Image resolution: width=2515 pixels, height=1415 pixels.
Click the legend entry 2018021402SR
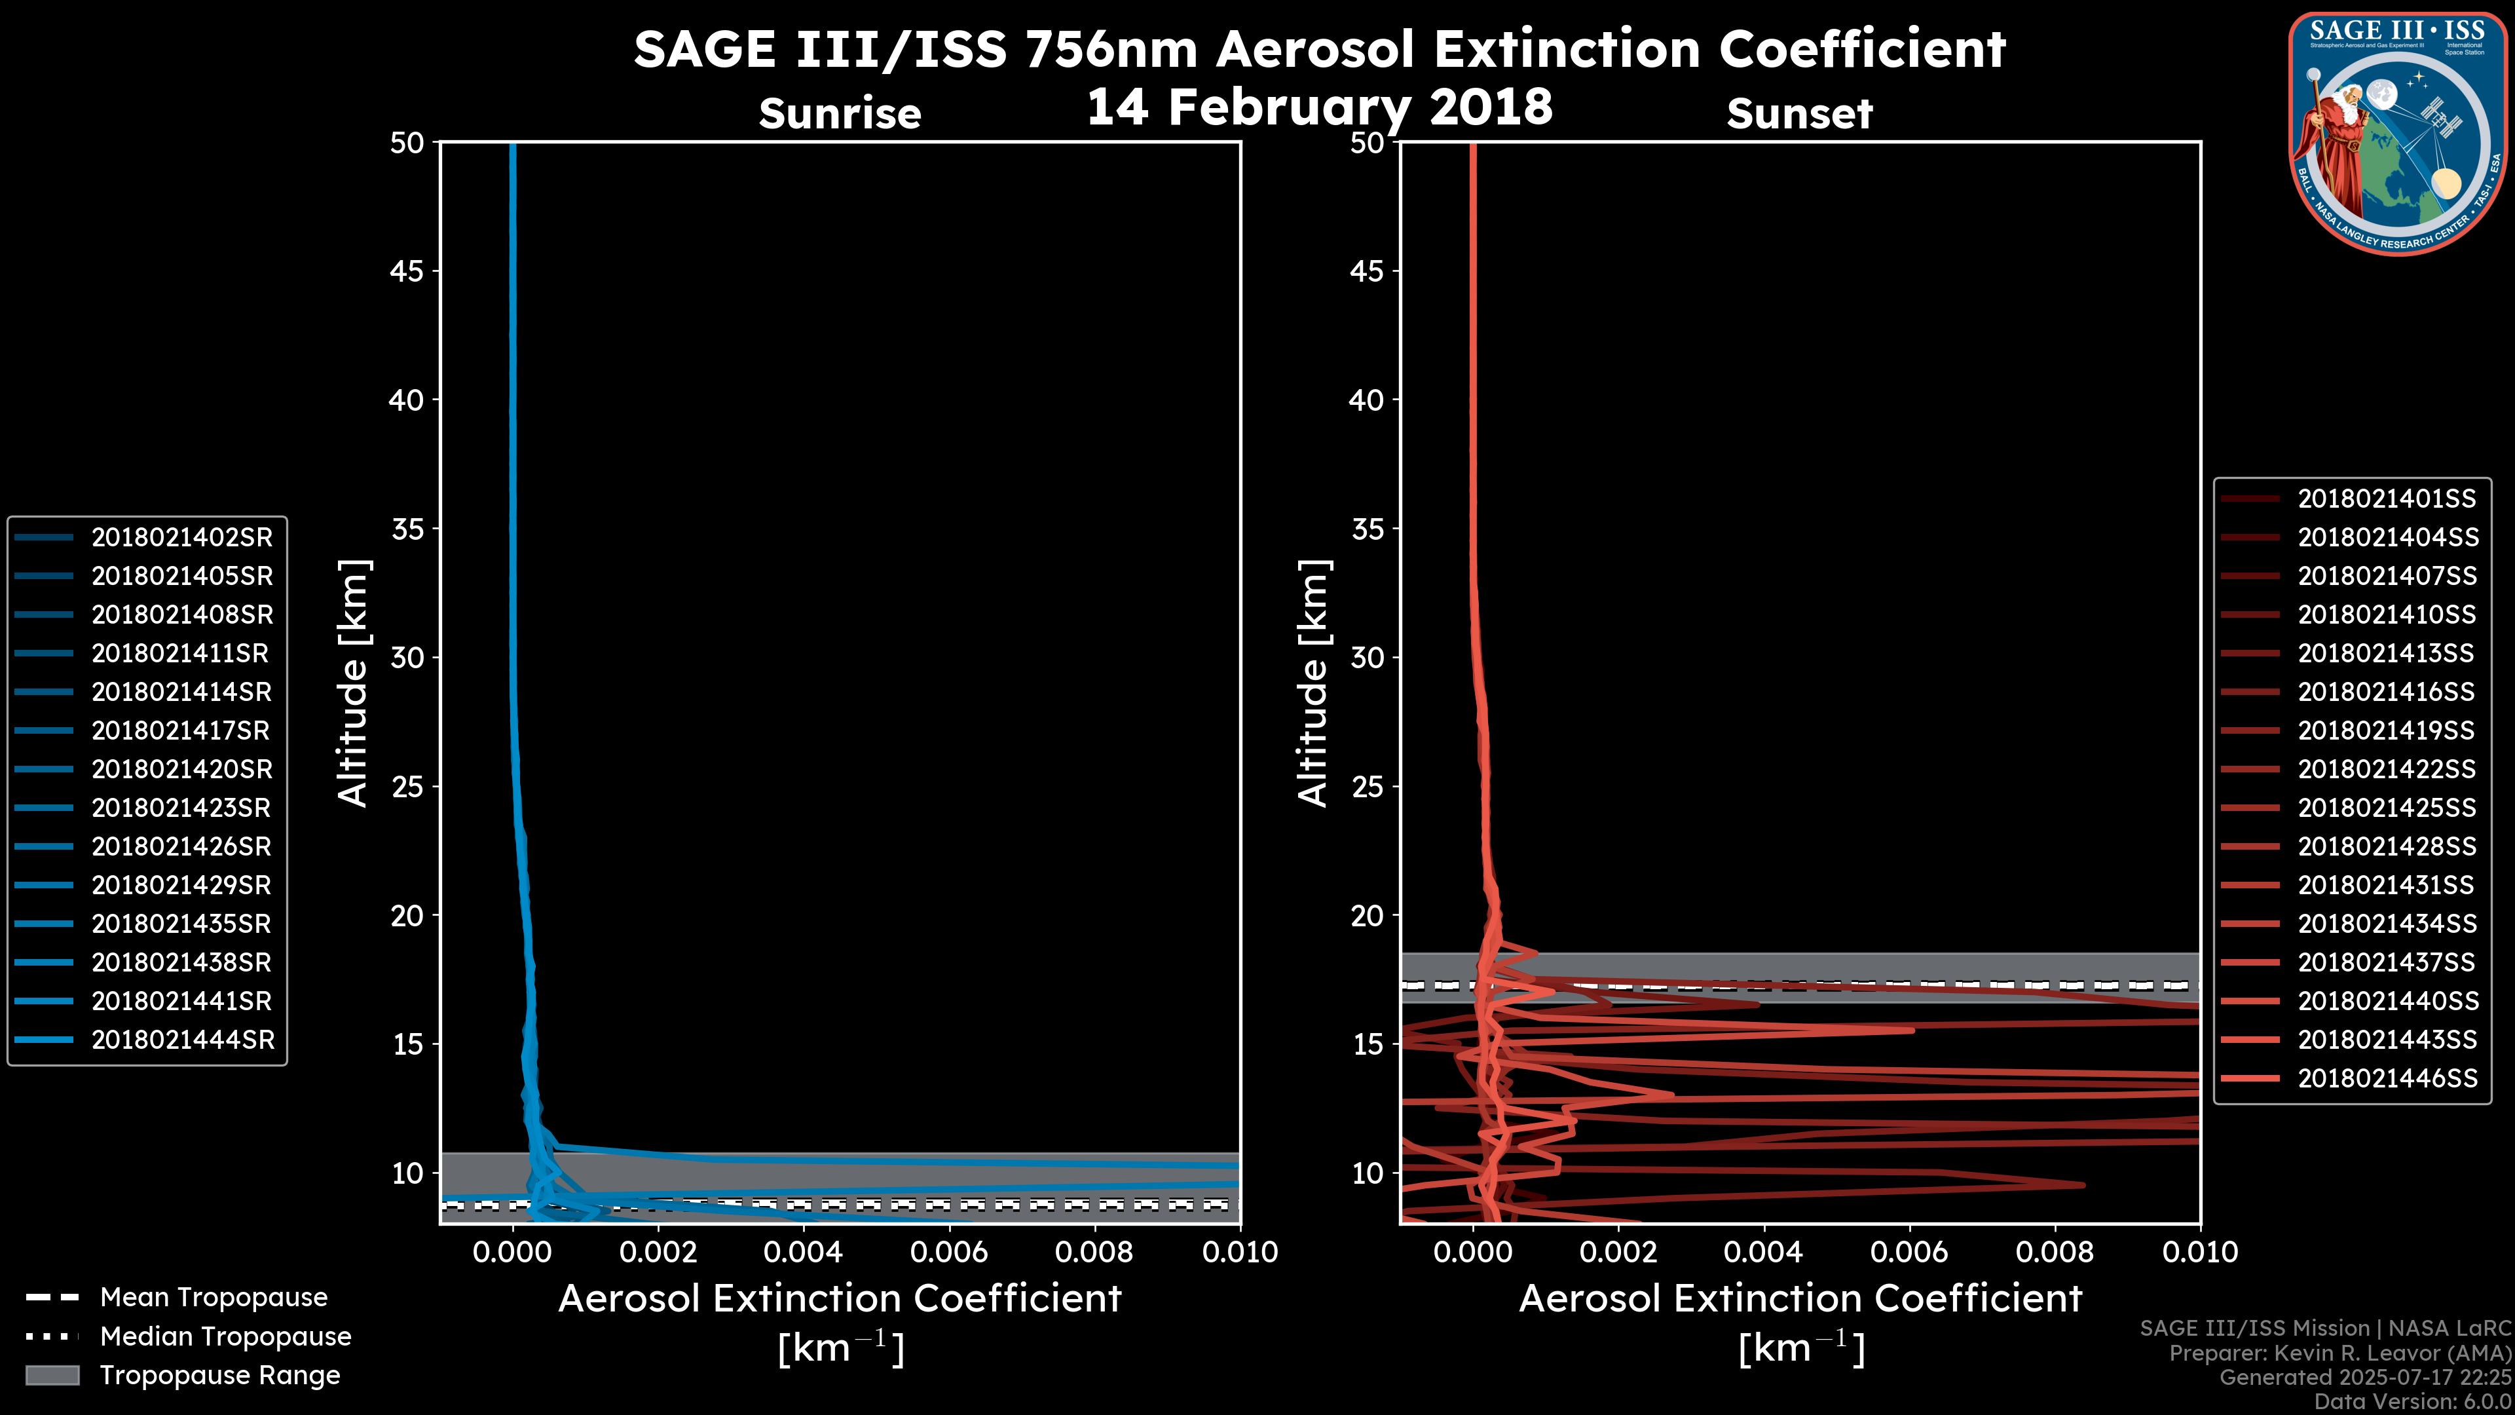click(181, 537)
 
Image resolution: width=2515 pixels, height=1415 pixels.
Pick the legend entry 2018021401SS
click(2386, 499)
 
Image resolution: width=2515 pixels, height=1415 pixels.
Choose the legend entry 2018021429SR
click(181, 885)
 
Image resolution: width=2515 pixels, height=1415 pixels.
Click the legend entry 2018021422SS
click(2386, 770)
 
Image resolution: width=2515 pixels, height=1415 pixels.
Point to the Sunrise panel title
click(840, 113)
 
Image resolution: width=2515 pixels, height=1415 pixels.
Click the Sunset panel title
click(1799, 113)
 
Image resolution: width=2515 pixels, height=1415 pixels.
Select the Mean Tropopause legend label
click(214, 1297)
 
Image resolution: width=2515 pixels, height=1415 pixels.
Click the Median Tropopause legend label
click(225, 1336)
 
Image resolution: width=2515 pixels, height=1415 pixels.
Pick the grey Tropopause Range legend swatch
click(52, 1375)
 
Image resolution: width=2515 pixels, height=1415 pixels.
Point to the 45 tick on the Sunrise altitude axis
click(407, 271)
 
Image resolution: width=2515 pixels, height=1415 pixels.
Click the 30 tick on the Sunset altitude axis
click(1367, 657)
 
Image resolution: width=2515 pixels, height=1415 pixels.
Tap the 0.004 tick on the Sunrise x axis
click(802, 1252)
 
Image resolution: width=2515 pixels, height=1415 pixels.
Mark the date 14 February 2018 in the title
click(1319, 105)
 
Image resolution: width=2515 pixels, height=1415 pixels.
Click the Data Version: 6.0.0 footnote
click(2413, 1401)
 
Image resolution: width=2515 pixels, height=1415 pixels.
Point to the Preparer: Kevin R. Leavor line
click(2339, 1353)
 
